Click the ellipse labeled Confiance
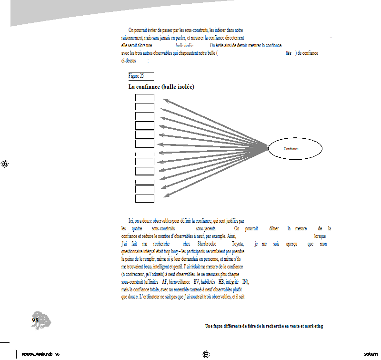click(291, 149)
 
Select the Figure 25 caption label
click(136, 76)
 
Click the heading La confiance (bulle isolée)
click(161, 87)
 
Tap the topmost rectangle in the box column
click(145, 98)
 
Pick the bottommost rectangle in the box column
click(145, 198)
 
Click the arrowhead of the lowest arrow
click(165, 195)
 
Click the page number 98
click(35, 320)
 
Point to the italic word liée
click(288, 53)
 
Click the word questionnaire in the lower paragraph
click(135, 251)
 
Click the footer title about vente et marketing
click(264, 326)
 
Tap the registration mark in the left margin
click(6, 164)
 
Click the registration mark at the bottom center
click(206, 354)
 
